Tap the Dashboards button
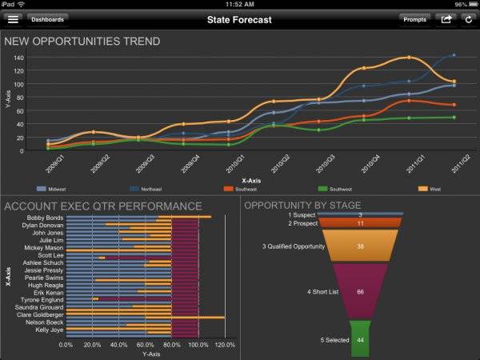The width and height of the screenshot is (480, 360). pyautogui.click(x=47, y=18)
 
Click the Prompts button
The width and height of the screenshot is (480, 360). pyautogui.click(x=414, y=18)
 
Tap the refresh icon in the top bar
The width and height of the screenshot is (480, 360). pyautogui.click(x=467, y=18)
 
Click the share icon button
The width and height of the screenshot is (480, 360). pyautogui.click(x=446, y=18)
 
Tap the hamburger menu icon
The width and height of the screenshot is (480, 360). pyautogui.click(x=13, y=18)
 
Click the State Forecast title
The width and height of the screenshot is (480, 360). pyautogui.click(x=239, y=18)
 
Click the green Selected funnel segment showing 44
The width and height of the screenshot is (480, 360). pyautogui.click(x=360, y=339)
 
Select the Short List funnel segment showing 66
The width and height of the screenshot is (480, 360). pyautogui.click(x=360, y=293)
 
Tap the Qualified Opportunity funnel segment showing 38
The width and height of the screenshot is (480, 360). pyautogui.click(x=360, y=246)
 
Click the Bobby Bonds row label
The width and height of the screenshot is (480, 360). pyautogui.click(x=45, y=217)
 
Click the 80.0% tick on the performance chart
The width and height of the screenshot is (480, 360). pyautogui.click(x=172, y=345)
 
